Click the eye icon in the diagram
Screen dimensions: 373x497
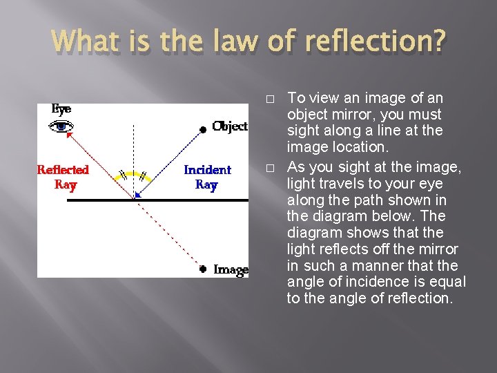coord(62,126)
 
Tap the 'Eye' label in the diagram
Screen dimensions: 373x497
coord(61,109)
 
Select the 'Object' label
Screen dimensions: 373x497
coord(230,126)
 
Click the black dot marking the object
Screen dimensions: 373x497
coord(202,129)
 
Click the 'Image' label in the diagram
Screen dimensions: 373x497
coord(231,269)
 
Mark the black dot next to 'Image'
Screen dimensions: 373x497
coord(203,269)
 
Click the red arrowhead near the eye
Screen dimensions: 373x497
coord(68,135)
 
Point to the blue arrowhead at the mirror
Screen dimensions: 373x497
coord(138,195)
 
